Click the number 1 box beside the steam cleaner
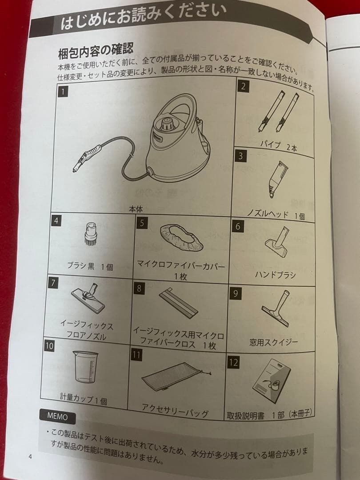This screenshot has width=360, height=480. coord(63,92)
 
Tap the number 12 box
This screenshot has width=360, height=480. coord(233,363)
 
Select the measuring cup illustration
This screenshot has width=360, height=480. coord(85,366)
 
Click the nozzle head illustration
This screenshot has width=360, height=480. coord(277,179)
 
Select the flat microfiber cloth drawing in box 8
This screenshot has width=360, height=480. coord(179,303)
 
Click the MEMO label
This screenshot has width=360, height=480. coord(57,416)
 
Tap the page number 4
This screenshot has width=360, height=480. coord(30,457)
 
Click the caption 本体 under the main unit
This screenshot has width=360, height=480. coord(136,209)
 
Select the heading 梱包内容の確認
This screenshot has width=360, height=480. coord(96,50)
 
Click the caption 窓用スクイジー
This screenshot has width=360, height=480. coord(273,342)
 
